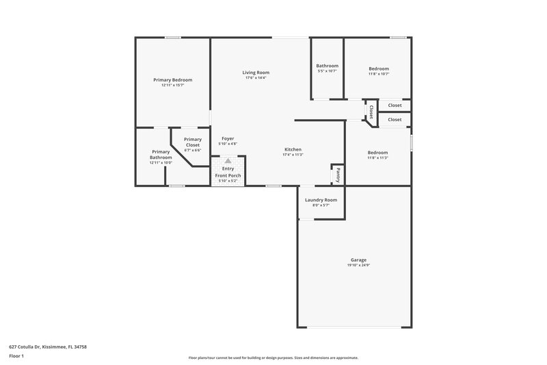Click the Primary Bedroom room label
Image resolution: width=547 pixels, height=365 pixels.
(x=172, y=79)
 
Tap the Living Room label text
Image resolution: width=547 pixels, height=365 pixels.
(x=255, y=72)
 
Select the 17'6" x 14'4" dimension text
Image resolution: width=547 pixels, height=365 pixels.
(x=255, y=78)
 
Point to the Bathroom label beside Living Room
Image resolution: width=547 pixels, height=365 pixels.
(x=327, y=66)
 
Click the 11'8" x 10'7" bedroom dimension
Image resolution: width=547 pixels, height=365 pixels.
(x=378, y=74)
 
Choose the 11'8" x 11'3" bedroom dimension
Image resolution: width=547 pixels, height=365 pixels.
(x=377, y=158)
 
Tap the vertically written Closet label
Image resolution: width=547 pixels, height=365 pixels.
(x=371, y=111)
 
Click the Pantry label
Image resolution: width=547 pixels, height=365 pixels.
(x=337, y=175)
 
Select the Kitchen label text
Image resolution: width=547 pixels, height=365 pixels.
(x=293, y=149)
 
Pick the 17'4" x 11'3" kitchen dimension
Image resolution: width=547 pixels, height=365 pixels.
(x=293, y=155)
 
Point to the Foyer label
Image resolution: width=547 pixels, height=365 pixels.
(x=228, y=138)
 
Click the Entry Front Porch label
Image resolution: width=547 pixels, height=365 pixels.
(x=228, y=172)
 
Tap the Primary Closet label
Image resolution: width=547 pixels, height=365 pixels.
(x=193, y=142)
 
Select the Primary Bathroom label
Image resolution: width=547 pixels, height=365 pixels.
(x=161, y=155)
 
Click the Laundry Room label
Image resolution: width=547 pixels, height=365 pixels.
(x=321, y=199)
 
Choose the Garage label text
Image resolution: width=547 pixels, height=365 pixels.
(x=358, y=260)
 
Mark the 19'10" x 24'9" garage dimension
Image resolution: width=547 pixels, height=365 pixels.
(x=358, y=265)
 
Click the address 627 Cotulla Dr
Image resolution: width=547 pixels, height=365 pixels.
(x=48, y=347)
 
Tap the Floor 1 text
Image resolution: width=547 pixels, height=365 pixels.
(x=17, y=356)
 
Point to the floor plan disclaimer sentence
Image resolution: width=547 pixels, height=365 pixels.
(x=273, y=357)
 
